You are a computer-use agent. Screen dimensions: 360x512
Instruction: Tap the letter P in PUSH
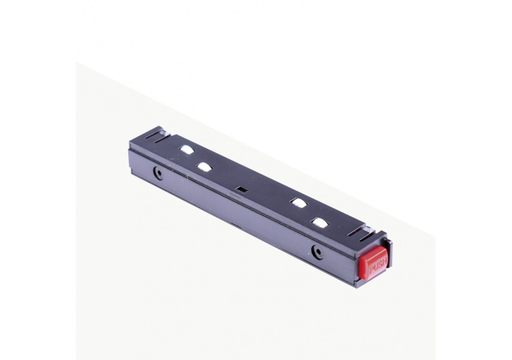tap(371, 271)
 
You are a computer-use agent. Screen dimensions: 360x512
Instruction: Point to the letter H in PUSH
tap(384, 260)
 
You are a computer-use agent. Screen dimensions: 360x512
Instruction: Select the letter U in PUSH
tap(375, 267)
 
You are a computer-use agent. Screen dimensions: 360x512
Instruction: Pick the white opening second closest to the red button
tap(298, 202)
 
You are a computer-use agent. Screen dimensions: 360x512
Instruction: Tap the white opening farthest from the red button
tap(187, 149)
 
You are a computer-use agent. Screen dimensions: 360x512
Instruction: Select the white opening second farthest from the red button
tap(204, 167)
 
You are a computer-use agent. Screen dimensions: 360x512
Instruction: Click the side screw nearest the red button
tap(316, 251)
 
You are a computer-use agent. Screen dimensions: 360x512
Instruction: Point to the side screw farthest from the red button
tap(158, 174)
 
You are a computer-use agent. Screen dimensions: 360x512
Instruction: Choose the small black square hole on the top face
tap(241, 188)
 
